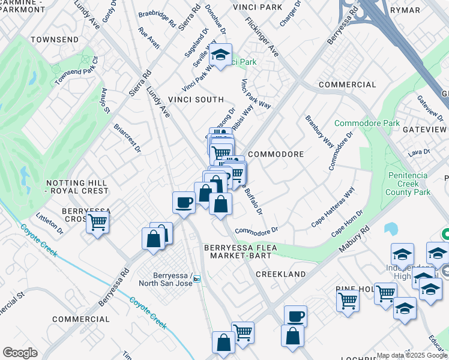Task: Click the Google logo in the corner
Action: [x=20, y=353]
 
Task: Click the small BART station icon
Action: [x=196, y=279]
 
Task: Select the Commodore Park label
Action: [x=367, y=123]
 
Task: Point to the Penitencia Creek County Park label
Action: [x=409, y=184]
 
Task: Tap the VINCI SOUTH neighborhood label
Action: [x=196, y=100]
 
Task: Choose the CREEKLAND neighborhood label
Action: [x=281, y=274]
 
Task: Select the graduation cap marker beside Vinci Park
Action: [x=220, y=56]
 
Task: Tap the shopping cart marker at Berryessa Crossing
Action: [x=97, y=222]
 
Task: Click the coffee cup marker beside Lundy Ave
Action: [x=184, y=202]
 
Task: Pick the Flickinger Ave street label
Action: [x=262, y=36]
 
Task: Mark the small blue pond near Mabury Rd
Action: [x=391, y=229]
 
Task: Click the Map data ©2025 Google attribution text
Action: [x=412, y=355]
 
